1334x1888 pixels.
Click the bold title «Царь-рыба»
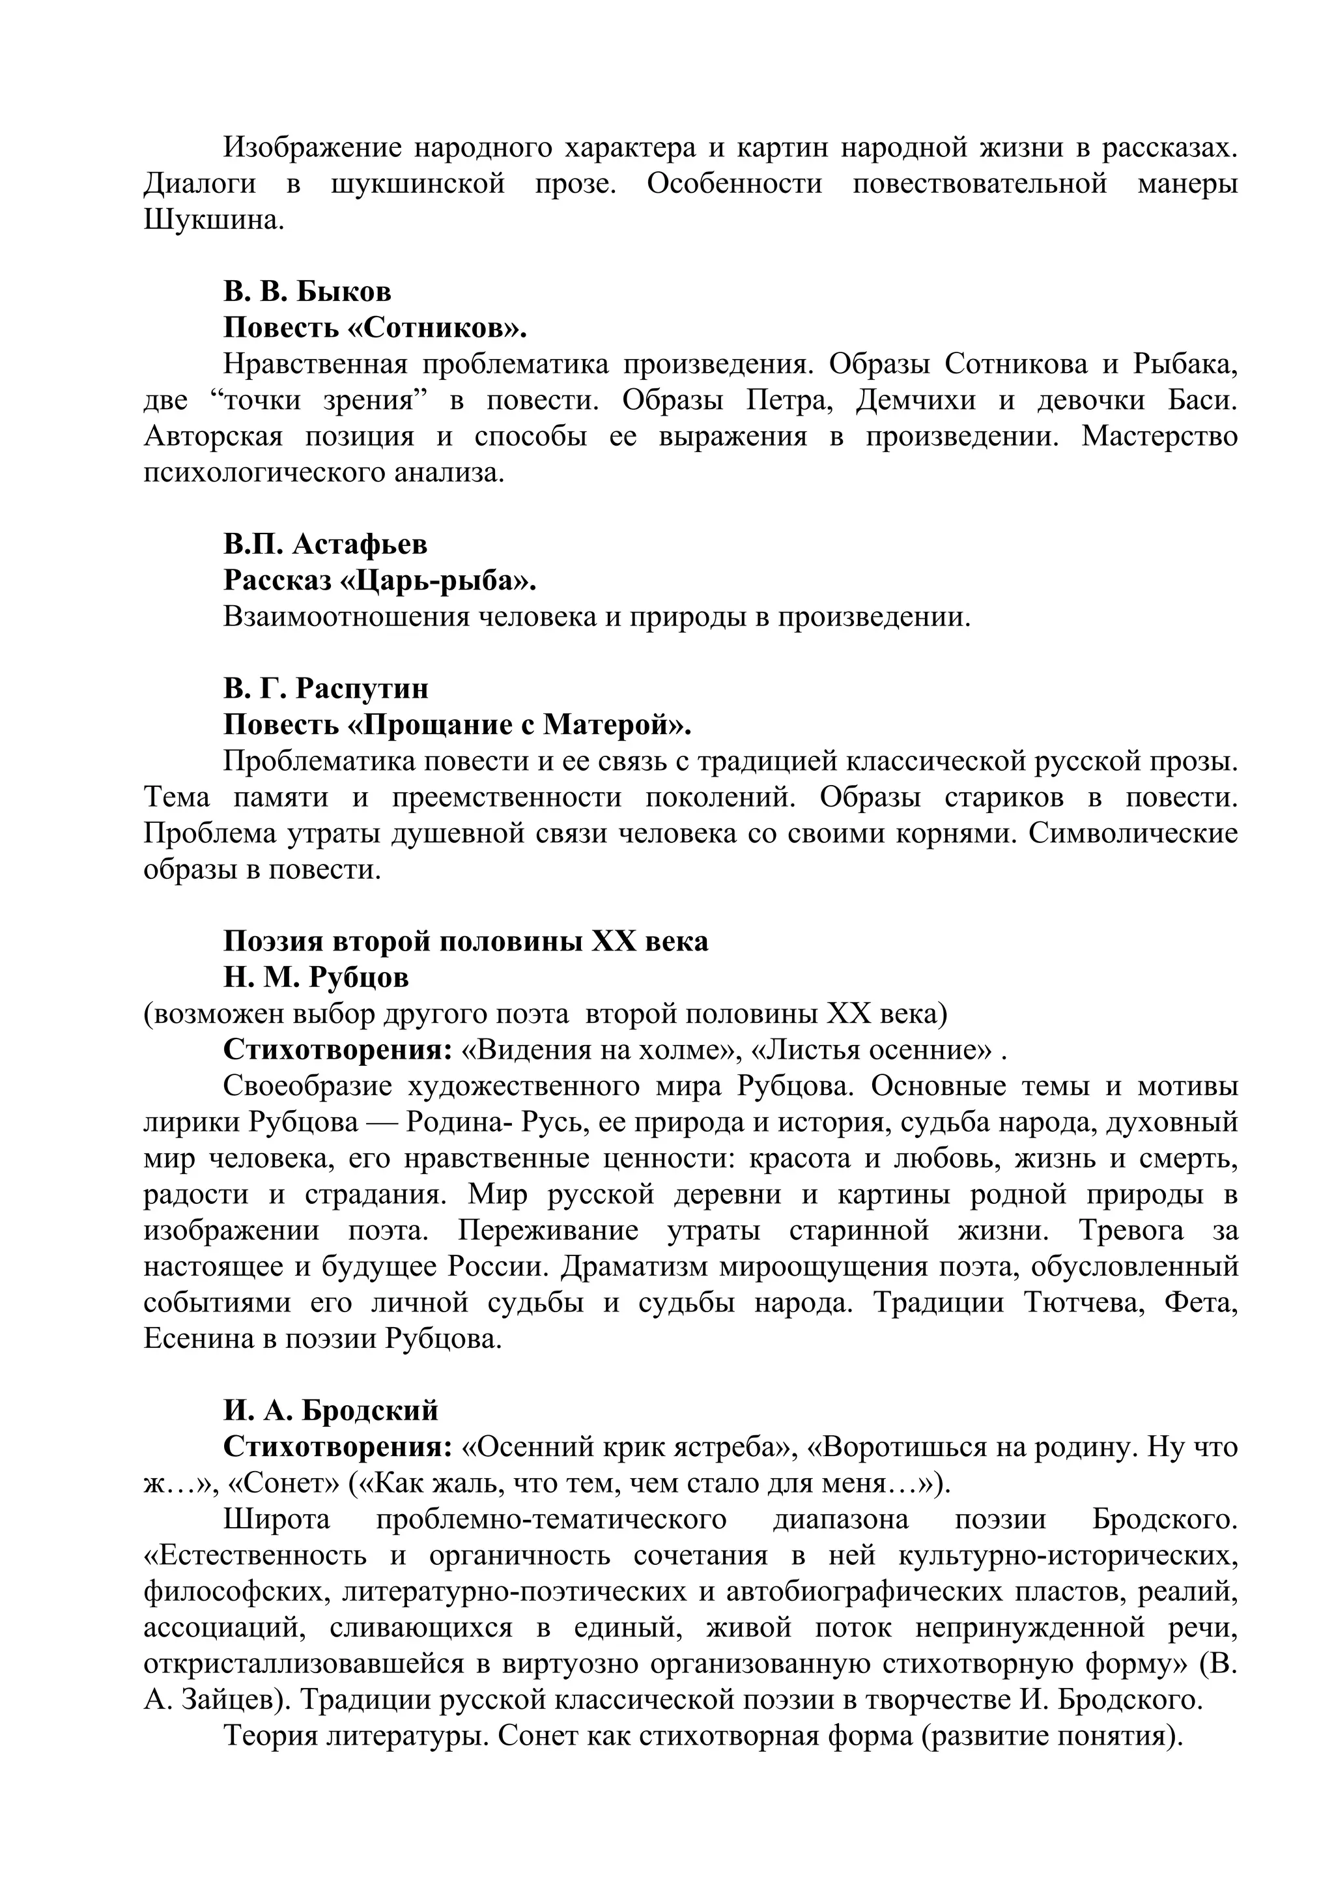click(x=437, y=580)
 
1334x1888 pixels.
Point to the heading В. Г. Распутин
click(x=326, y=688)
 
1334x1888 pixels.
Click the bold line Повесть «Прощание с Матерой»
click(x=457, y=724)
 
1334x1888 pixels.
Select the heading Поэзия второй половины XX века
click(x=465, y=941)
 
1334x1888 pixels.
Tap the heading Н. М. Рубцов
click(x=316, y=977)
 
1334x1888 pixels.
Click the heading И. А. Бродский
click(x=330, y=1410)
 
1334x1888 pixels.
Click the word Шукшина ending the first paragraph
click(x=213, y=220)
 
